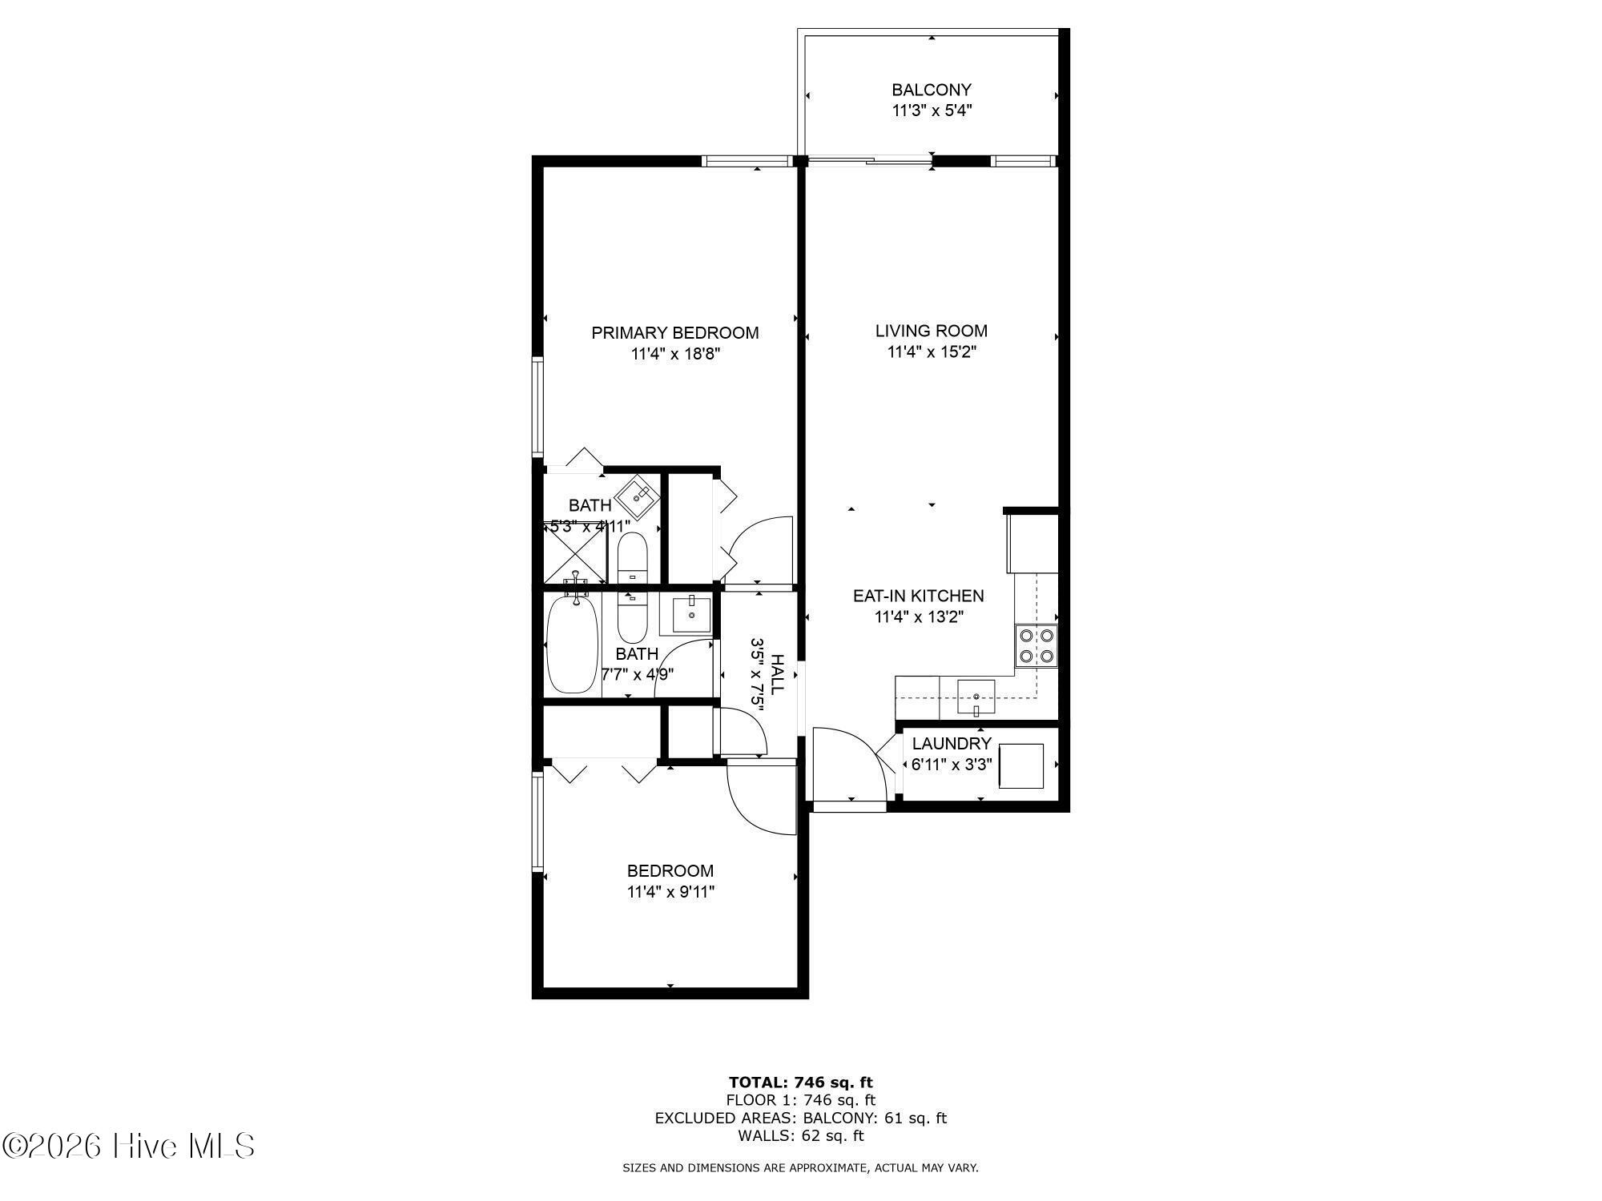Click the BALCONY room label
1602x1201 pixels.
tap(932, 90)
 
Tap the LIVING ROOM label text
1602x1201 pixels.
tap(932, 331)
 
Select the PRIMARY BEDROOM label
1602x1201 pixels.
tap(675, 333)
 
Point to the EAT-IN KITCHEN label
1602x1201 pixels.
tap(918, 596)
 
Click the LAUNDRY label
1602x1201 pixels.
tap(952, 743)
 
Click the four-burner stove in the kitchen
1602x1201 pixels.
tap(1036, 646)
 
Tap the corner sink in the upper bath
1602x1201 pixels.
tap(638, 497)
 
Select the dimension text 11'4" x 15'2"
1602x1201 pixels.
tap(932, 351)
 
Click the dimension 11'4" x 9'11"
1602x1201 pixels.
tap(670, 892)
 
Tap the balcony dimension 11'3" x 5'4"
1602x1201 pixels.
tap(932, 110)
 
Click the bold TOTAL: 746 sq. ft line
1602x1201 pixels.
tap(801, 1083)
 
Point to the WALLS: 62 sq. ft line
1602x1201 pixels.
tap(801, 1135)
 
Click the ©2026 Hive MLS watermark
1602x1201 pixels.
tap(128, 1146)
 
